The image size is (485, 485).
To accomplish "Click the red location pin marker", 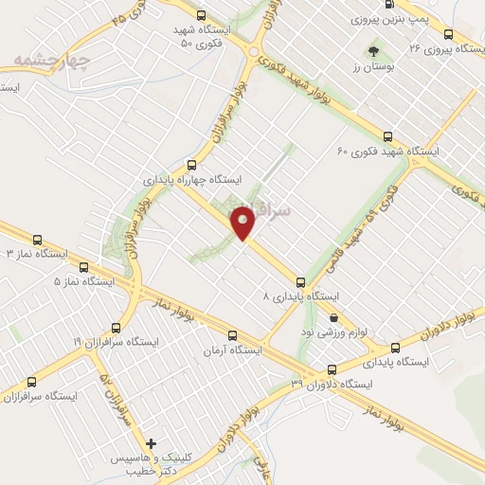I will coord(244,221).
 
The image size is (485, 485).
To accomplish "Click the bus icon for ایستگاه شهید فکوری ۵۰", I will coord(201,15).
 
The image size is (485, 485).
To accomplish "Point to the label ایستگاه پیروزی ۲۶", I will coord(440,46).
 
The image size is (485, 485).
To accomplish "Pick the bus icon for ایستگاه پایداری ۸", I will coord(300,281).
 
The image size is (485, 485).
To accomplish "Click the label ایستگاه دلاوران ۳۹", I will coord(332,384).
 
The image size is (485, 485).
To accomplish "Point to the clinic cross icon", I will coord(152,443).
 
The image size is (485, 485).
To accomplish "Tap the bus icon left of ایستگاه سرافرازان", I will coord(32,382).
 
